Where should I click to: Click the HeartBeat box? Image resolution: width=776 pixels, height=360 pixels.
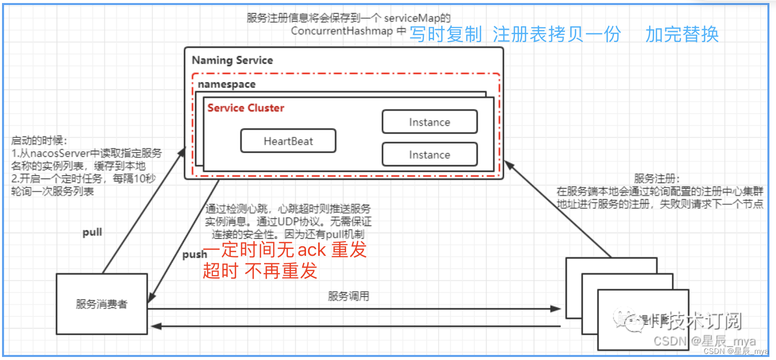click(288, 141)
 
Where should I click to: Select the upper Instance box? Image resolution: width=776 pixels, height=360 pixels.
click(429, 122)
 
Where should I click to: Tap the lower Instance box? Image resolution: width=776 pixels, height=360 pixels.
click(429, 155)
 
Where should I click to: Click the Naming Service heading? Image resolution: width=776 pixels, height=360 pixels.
click(232, 60)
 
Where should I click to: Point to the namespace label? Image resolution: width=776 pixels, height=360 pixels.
click(227, 84)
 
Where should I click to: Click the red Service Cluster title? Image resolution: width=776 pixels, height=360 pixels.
click(246, 108)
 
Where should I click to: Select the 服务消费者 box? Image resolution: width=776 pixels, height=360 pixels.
click(102, 304)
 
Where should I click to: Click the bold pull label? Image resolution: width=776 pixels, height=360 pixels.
click(92, 233)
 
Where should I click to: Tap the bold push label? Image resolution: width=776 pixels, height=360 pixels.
click(194, 254)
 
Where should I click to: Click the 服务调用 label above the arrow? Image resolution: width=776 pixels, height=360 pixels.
click(349, 296)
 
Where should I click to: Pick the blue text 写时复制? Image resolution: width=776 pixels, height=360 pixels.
click(445, 34)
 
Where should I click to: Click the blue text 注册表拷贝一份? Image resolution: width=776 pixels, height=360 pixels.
click(556, 34)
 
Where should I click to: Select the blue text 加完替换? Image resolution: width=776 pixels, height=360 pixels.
click(682, 34)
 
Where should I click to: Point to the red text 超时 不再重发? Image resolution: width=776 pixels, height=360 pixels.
click(260, 271)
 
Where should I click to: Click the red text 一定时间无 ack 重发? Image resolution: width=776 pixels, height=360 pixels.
click(284, 250)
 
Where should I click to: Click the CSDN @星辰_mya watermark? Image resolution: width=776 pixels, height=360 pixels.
click(704, 341)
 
